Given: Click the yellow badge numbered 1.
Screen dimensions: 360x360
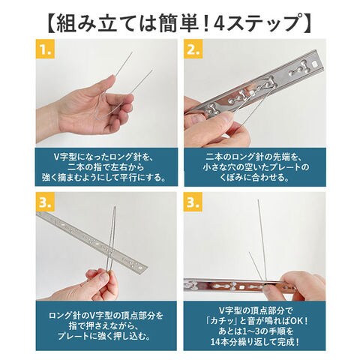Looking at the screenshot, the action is pyautogui.click(x=45, y=49).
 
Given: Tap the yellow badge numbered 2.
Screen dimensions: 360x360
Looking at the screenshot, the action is pyautogui.click(x=193, y=49).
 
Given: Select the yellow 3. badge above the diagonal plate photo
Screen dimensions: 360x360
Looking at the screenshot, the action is pyautogui.click(x=45, y=202).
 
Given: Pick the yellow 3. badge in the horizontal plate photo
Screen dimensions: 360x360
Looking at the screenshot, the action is pyautogui.click(x=193, y=202).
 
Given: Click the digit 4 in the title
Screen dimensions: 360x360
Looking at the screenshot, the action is pyautogui.click(x=219, y=23).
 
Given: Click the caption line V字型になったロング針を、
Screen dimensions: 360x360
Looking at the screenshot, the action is pyautogui.click(x=106, y=157).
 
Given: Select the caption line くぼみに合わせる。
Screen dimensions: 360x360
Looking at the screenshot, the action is pyautogui.click(x=255, y=177).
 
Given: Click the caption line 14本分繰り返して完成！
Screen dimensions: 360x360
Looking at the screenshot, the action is pyautogui.click(x=255, y=341).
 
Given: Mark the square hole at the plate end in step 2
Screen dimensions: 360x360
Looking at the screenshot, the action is pyautogui.click(x=314, y=64).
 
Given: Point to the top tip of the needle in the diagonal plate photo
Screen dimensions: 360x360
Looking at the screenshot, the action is pyautogui.click(x=115, y=206).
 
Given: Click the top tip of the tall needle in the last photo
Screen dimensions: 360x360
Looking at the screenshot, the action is pyautogui.click(x=258, y=199).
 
